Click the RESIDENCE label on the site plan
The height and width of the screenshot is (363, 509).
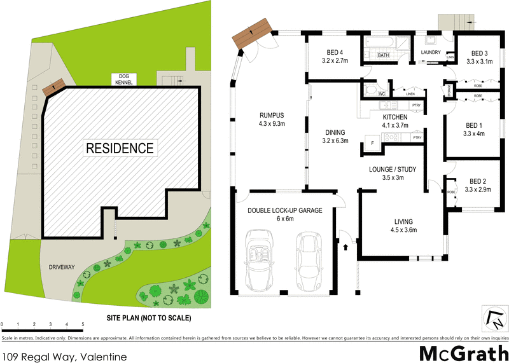click(120, 148)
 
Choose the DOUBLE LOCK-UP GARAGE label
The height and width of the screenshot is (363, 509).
click(284, 210)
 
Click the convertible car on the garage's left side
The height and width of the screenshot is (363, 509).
click(261, 261)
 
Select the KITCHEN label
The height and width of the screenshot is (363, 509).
click(394, 118)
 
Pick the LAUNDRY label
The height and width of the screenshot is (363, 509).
click(430, 52)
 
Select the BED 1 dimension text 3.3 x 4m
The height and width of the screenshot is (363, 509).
click(475, 134)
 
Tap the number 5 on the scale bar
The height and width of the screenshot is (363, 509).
click(83, 325)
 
